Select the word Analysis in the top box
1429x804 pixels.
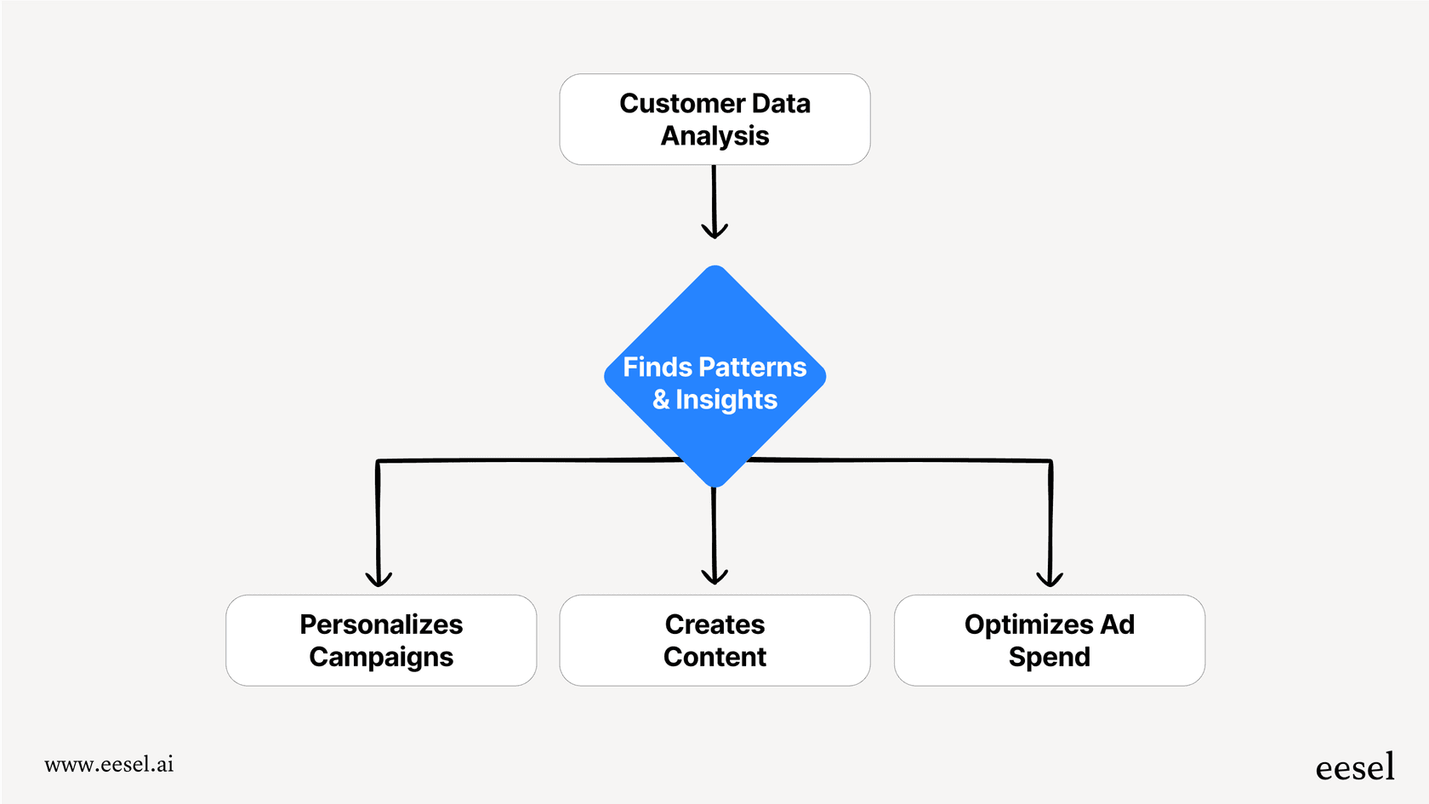pos(714,136)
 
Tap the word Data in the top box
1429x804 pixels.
pos(781,104)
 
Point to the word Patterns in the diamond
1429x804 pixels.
pos(752,368)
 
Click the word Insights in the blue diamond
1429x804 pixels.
pos(726,400)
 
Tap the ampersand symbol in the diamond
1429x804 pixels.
pos(661,400)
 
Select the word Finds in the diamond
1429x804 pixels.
pos(658,368)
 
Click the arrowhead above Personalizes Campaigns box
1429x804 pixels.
pos(379,579)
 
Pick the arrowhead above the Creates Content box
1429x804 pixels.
pos(714,578)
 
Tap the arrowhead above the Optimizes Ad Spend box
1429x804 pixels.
pos(1050,579)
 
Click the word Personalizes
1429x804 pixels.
pos(381,625)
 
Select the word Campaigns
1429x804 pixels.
pos(381,658)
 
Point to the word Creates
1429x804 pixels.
pos(714,625)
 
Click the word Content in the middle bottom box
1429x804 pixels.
pos(714,658)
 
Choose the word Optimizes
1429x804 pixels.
pos(1028,625)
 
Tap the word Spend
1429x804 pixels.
pos(1049,658)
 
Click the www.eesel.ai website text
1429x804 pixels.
pos(109,764)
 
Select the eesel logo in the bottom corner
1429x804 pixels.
pos(1354,767)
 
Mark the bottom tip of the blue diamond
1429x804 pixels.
pos(715,486)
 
